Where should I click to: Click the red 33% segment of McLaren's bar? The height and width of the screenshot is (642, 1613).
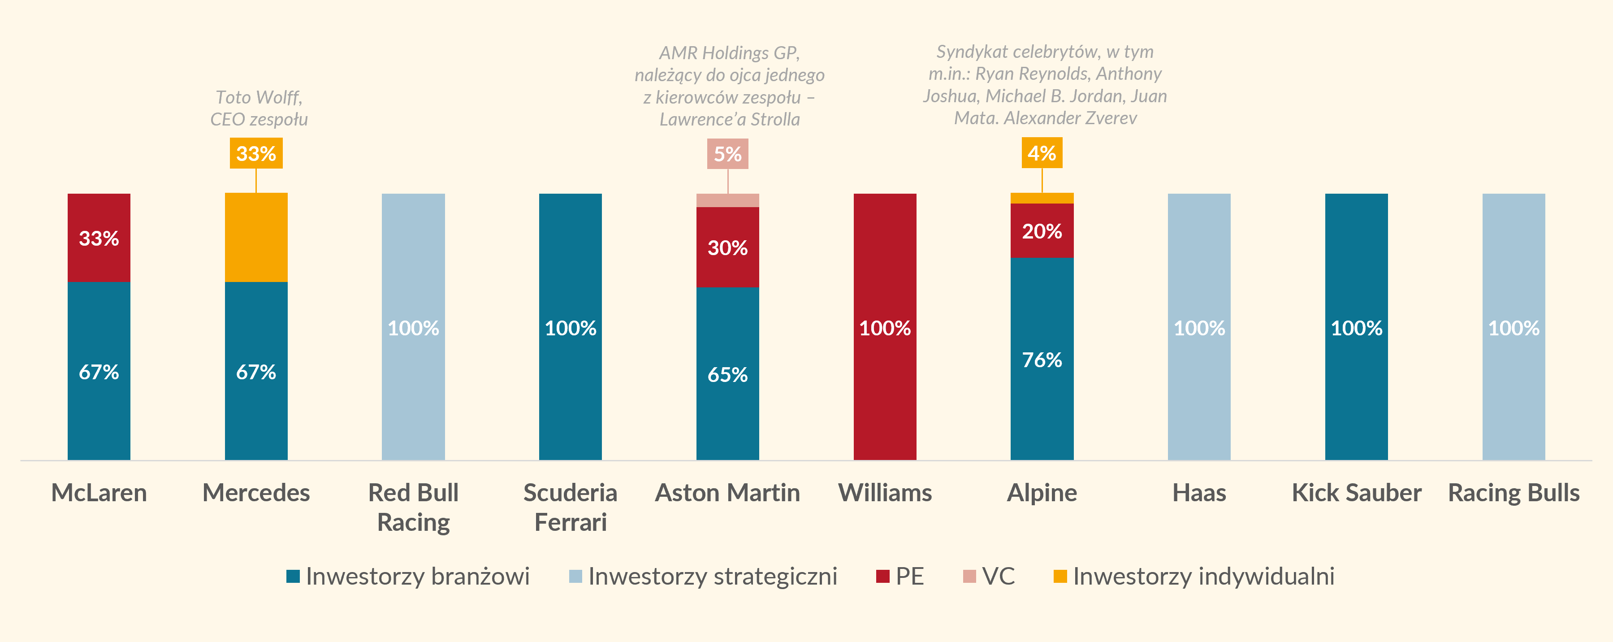pos(99,238)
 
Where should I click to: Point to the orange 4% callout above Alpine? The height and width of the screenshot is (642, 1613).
pos(1042,153)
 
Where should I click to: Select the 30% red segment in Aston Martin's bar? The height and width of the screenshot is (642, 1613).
pos(727,247)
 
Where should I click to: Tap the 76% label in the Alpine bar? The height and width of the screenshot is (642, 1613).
pos(1042,360)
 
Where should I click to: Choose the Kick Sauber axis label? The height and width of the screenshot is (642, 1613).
pos(1356,493)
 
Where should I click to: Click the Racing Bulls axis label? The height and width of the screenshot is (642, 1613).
pos(1514,493)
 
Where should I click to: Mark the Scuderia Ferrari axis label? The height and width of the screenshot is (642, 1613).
pos(571,508)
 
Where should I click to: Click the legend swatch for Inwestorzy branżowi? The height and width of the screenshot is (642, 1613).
pos(293,576)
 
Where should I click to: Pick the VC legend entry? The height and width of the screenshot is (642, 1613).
pos(989,576)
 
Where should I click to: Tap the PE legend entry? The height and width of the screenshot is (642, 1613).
pos(900,576)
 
